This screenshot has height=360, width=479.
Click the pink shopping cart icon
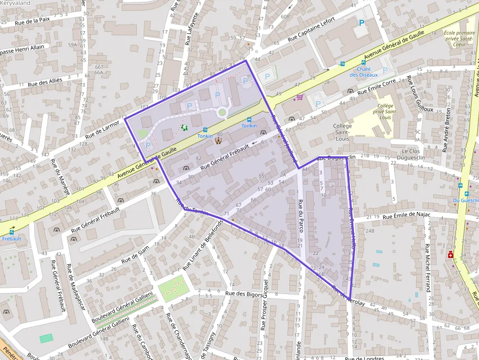299,97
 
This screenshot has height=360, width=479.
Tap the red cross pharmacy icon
450,254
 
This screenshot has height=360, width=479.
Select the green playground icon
184,127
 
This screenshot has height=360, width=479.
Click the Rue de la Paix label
32,21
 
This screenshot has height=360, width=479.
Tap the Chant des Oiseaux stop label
364,72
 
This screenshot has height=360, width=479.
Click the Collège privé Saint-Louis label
385,111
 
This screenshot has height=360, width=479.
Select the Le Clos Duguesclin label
404,155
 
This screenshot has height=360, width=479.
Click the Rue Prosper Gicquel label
264,305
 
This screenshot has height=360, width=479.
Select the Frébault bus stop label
12,239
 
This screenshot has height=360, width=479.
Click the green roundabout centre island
222,112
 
